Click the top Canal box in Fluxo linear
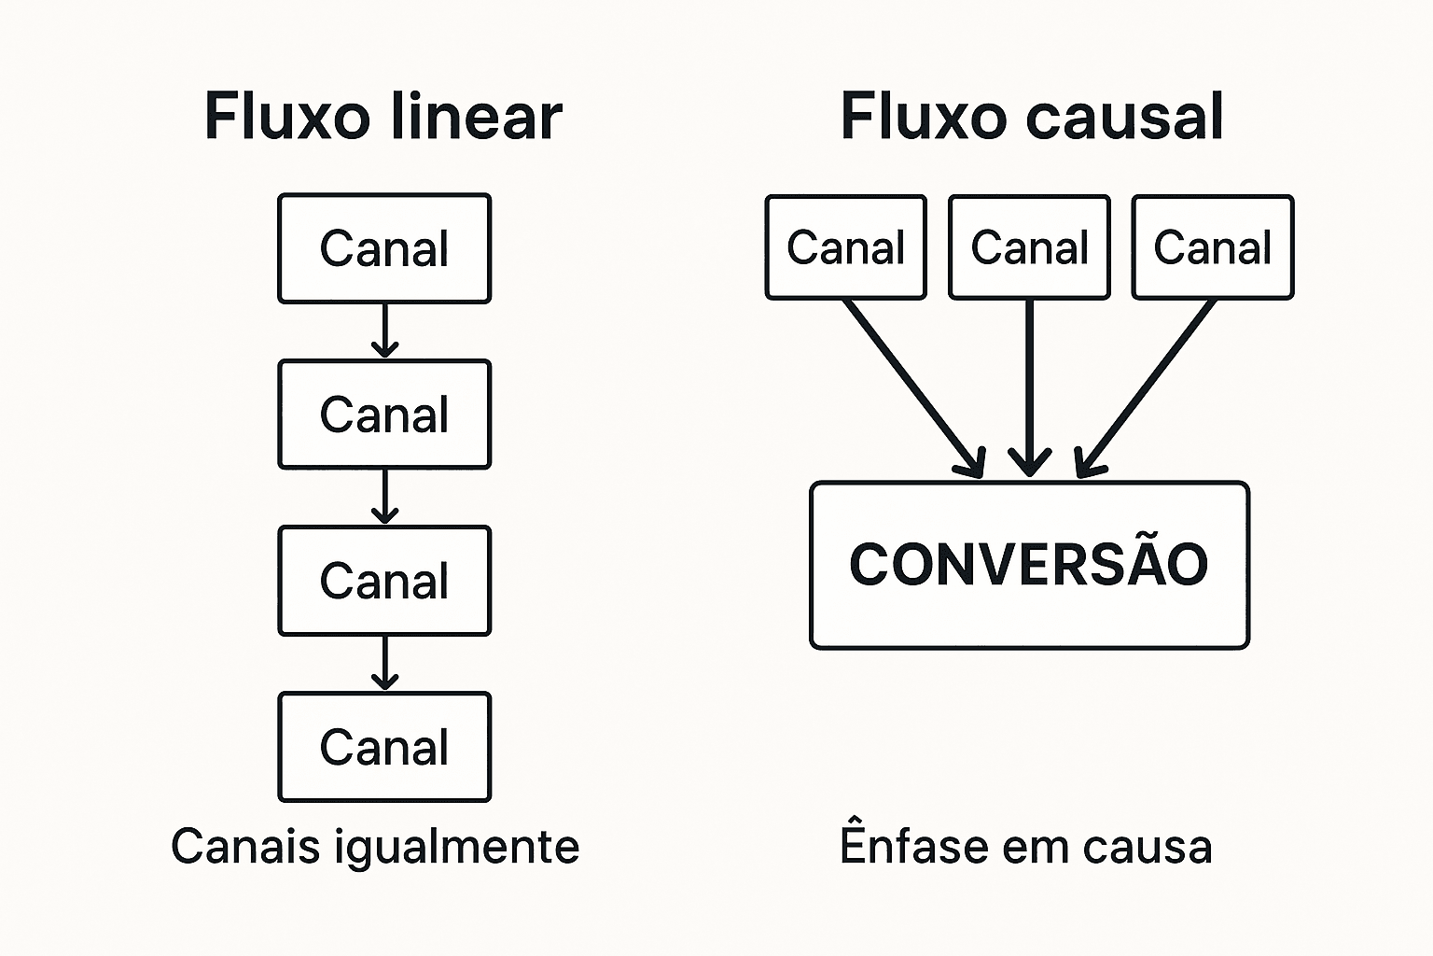pos(384,248)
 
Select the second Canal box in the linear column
pos(384,415)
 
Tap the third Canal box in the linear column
pos(384,581)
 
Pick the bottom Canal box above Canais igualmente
pos(384,747)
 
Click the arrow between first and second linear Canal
pos(384,330)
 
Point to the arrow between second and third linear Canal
pos(384,497)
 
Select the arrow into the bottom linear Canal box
pos(384,663)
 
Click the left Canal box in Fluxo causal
pos(845,247)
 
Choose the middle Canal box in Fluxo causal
pos(1029,247)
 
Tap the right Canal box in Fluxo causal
pos(1212,247)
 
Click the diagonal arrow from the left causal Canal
pos(914,388)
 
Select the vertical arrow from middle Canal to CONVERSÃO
pos(1029,388)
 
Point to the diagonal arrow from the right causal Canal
pos(1148,388)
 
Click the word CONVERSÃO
pos(1029,565)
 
